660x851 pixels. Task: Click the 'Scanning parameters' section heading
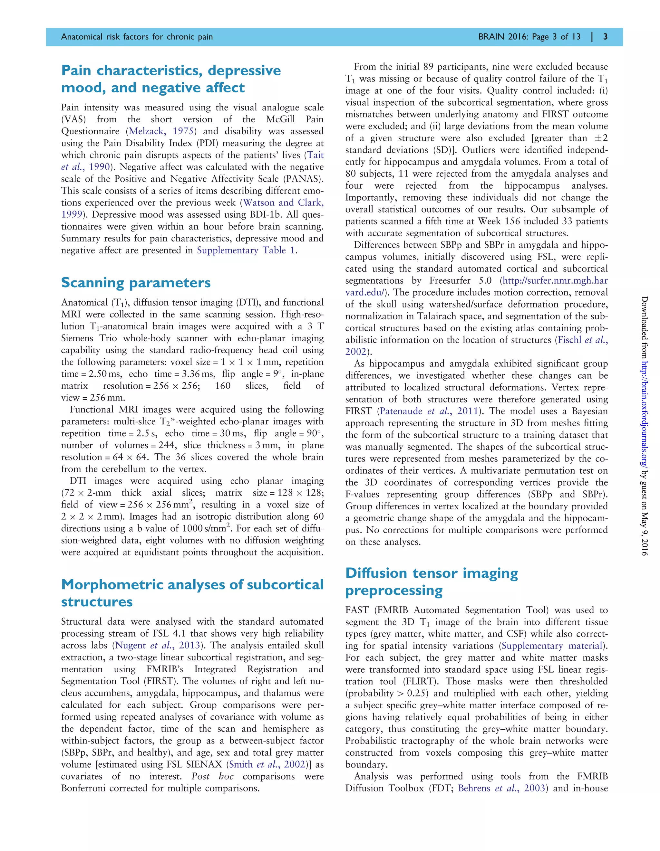tap(136, 282)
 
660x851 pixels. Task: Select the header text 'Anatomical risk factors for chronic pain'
tap(137, 37)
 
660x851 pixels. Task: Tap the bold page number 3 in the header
tap(605, 37)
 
